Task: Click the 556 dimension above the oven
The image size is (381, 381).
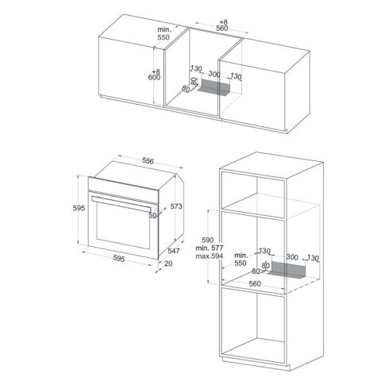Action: click(148, 161)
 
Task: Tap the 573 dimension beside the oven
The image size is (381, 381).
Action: click(176, 206)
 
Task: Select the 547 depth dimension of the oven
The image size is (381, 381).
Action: click(174, 251)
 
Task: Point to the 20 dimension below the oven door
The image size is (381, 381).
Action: click(168, 264)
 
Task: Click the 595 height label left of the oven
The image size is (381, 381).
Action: click(79, 208)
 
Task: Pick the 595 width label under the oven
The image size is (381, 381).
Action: click(118, 258)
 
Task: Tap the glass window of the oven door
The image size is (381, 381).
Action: click(123, 225)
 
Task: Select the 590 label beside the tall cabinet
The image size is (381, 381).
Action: click(208, 240)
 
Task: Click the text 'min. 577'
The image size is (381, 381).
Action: click(210, 248)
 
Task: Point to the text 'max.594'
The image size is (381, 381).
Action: click(210, 256)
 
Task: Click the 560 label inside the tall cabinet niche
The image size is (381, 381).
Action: click(255, 284)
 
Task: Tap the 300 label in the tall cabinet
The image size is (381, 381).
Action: click(292, 257)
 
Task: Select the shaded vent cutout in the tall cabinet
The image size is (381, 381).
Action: click(287, 271)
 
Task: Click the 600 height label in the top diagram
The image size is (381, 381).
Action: click(154, 78)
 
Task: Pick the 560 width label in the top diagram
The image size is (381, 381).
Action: click(221, 29)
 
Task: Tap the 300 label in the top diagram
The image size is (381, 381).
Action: click(214, 74)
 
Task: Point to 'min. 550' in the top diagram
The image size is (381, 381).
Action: click(164, 33)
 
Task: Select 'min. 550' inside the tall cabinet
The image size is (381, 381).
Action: click(241, 260)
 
